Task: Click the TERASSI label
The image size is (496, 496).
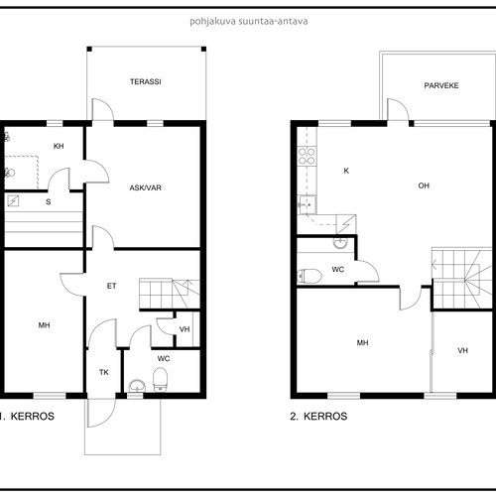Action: point(146,81)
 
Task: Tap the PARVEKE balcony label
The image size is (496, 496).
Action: point(441,85)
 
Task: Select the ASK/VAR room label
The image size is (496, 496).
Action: point(145,187)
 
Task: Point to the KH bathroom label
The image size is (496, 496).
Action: point(59,146)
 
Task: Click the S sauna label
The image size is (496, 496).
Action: point(49,201)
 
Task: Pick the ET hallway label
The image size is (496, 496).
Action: point(111,286)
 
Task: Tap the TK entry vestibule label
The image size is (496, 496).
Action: point(104,372)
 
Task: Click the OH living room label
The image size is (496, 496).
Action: point(424,186)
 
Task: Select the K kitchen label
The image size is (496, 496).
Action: point(346,171)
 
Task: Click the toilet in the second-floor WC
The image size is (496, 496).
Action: point(310,276)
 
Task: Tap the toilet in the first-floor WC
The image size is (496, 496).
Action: point(161,380)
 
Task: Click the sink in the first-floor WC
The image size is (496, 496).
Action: point(137,386)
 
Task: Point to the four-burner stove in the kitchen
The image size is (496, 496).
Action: point(307,156)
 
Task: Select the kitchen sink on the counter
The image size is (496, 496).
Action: point(307,204)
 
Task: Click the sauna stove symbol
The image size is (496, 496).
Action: point(13,200)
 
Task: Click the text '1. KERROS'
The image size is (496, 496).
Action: point(27,416)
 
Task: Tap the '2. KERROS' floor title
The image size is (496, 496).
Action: point(318,416)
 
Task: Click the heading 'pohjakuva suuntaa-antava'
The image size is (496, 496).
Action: point(249,22)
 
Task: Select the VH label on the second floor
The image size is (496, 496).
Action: point(463,350)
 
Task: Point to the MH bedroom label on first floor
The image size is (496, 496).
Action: point(44,325)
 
